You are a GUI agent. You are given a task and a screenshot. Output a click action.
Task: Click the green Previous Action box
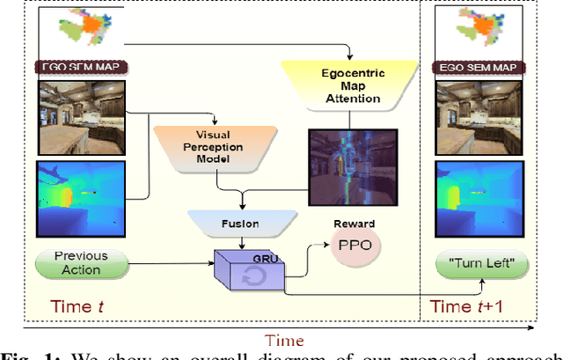81,262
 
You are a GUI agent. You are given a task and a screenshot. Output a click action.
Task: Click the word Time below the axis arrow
285,340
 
